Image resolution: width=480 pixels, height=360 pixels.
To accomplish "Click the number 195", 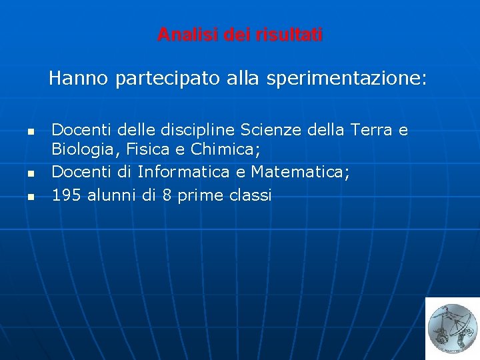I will click(65, 195).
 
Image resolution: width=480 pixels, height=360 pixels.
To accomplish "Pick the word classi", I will click(250, 195).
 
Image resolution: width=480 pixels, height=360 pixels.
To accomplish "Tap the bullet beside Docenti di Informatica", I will click(30, 174).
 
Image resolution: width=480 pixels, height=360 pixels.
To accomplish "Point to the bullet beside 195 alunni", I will click(30, 197).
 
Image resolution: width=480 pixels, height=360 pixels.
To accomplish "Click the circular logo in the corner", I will click(451, 327).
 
